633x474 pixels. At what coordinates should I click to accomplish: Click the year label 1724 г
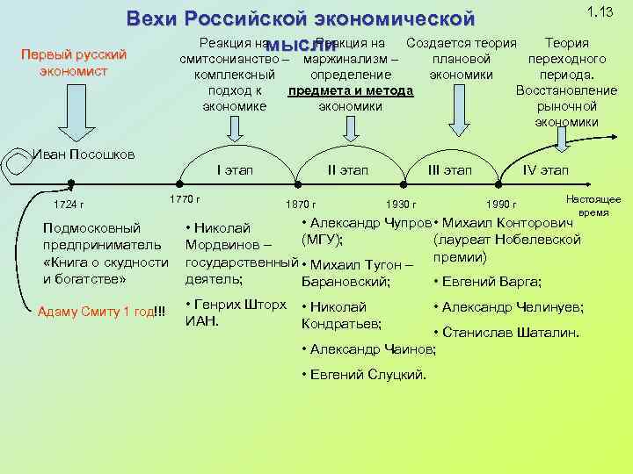(x=70, y=205)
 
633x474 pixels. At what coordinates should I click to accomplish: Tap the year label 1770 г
(x=185, y=199)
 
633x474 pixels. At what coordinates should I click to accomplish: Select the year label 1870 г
(x=302, y=205)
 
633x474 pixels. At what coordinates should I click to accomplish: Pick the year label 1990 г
(x=502, y=205)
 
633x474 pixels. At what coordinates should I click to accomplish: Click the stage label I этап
(x=234, y=169)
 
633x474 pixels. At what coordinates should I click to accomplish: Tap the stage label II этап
(x=347, y=169)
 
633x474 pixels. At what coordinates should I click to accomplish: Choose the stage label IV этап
(x=545, y=169)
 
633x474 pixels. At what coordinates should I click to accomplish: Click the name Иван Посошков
(x=84, y=154)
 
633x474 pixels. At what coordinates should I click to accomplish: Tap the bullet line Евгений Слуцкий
(x=364, y=374)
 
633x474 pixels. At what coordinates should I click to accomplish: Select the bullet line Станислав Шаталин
(x=507, y=334)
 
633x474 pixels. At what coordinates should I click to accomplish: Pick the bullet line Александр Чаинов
(x=368, y=348)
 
